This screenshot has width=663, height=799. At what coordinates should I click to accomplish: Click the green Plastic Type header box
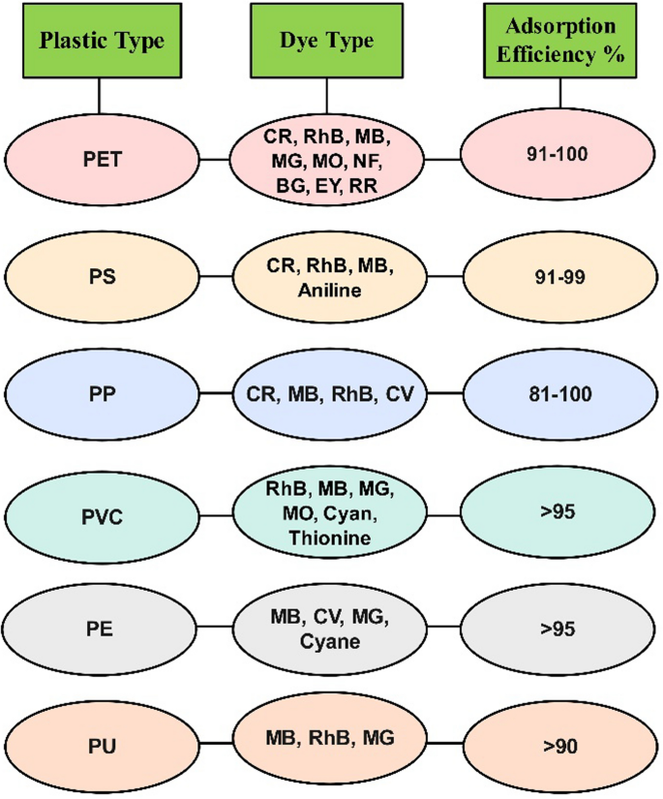[x=100, y=42]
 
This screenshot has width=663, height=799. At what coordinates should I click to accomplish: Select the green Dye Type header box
[x=327, y=42]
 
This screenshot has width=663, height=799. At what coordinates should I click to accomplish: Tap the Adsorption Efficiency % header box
[x=560, y=42]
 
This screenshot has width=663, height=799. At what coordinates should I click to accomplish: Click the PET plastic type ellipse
[x=101, y=159]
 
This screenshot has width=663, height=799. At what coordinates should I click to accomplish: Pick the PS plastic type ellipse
[x=101, y=276]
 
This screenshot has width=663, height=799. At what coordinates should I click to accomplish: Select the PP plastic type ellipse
[x=101, y=393]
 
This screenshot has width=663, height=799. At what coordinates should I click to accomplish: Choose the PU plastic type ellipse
[x=101, y=746]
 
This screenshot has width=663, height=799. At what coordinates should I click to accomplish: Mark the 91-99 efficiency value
[x=559, y=276]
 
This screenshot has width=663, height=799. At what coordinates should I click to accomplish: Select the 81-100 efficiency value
[x=559, y=393]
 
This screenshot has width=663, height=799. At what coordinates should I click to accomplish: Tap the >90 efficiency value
[x=559, y=746]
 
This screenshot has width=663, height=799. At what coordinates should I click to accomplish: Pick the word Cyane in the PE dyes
[x=328, y=638]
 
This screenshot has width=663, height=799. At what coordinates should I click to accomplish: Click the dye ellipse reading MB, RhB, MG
[x=328, y=741]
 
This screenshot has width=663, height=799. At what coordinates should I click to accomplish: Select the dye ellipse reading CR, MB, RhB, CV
[x=328, y=393]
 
